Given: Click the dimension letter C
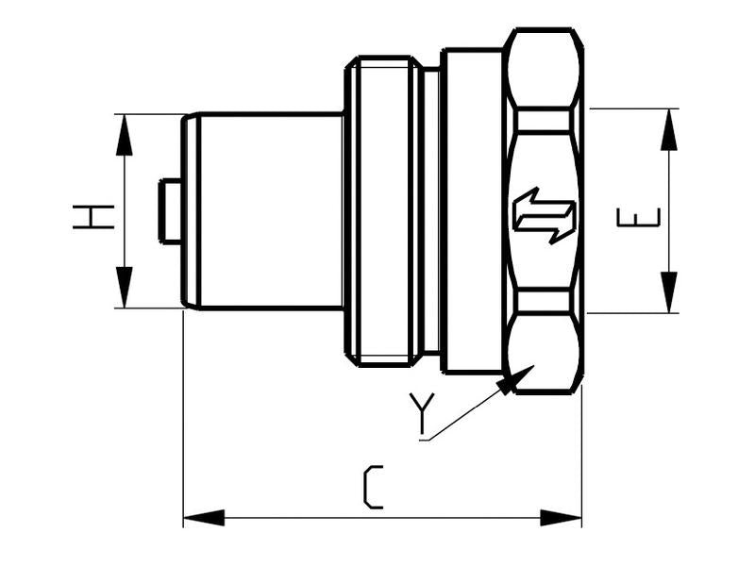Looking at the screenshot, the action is [x=373, y=487].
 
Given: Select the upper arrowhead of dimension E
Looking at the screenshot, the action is [x=669, y=128].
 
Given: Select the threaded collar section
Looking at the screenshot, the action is [x=382, y=211].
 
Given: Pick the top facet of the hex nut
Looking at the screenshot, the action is [x=543, y=68].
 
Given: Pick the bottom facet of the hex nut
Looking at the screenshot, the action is [x=543, y=354].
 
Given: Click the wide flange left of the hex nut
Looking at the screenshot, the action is [x=472, y=211].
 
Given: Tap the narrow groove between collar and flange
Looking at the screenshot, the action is [x=430, y=211].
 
